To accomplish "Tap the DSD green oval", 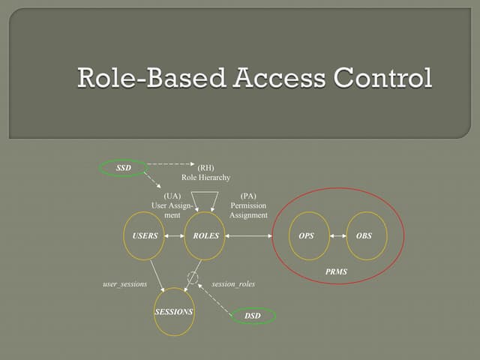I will click(253, 316).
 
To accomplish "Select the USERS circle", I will click(145, 235).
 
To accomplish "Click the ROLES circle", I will click(205, 235).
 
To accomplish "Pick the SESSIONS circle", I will click(174, 311).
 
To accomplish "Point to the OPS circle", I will click(306, 235).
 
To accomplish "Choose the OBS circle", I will click(364, 235).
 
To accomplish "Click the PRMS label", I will click(337, 271).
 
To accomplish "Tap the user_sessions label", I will click(124, 284).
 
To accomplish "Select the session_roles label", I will click(233, 284).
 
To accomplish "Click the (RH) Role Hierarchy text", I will click(205, 172).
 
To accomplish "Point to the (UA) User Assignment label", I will click(172, 205).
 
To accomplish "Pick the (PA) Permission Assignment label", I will click(248, 205).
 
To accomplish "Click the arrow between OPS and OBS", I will click(335, 235).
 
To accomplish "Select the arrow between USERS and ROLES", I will click(175, 235).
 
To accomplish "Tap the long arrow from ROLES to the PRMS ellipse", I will click(250, 235).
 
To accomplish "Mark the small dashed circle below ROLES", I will click(193, 277).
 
